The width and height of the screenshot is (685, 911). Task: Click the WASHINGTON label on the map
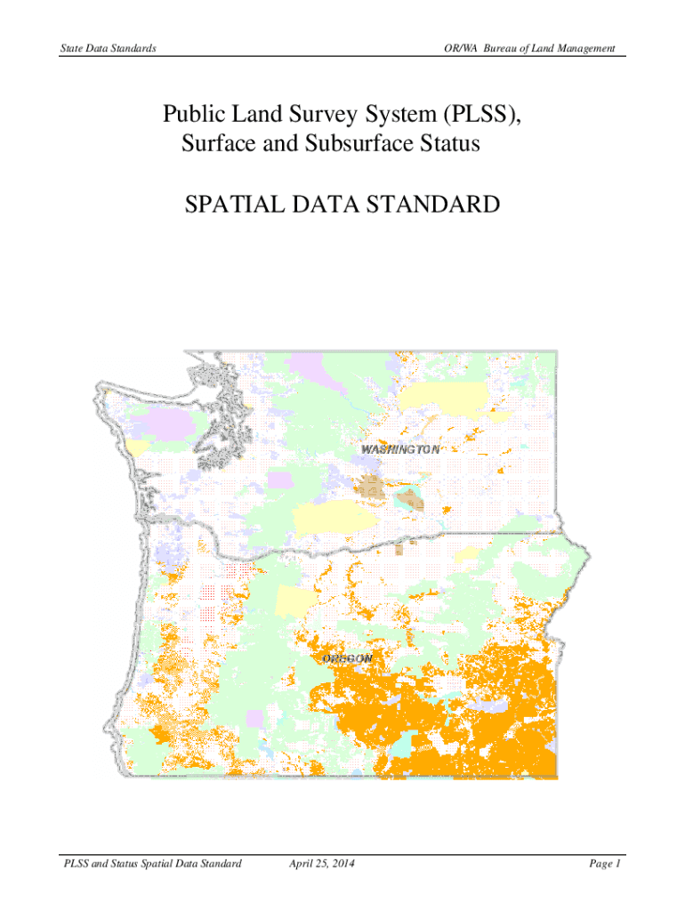click(399, 449)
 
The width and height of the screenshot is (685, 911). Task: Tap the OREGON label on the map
click(347, 658)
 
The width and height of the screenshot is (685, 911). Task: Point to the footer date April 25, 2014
click(323, 864)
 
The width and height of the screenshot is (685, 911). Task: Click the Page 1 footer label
click(604, 864)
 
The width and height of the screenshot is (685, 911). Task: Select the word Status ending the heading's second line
click(448, 143)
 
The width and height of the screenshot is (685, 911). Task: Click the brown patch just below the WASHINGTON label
click(369, 487)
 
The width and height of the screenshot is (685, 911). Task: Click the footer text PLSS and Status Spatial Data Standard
click(148, 864)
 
